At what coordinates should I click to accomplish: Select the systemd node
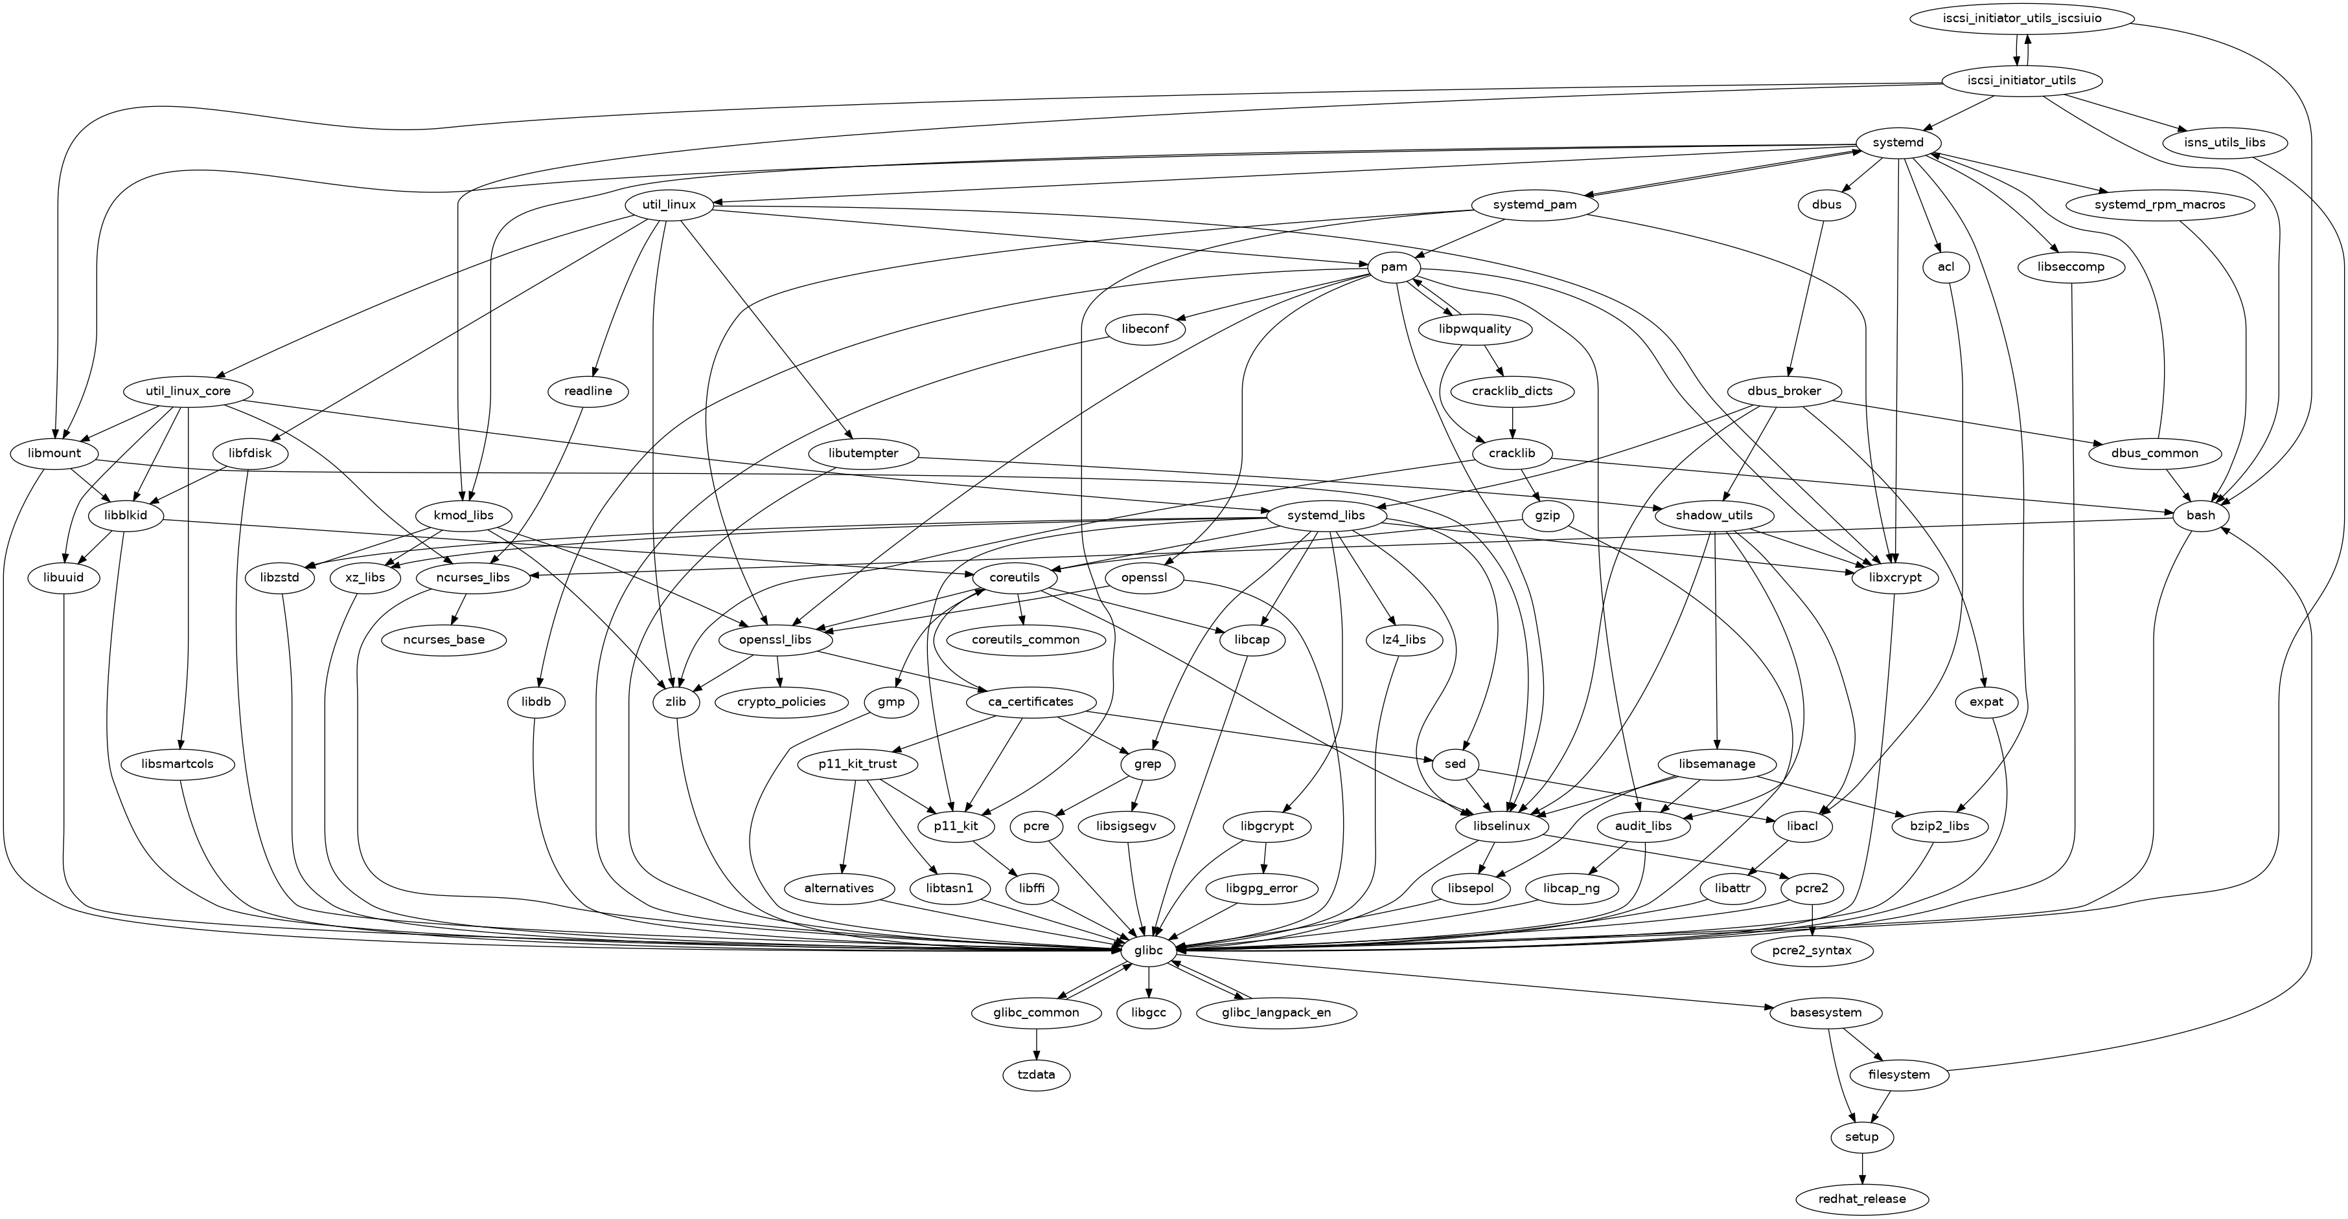[1898, 143]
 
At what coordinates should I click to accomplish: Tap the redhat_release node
[1861, 1199]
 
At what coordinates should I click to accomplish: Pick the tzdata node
[1037, 1075]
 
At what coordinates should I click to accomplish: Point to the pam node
[1394, 267]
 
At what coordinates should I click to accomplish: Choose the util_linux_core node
[189, 391]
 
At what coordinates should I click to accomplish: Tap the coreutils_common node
[1026, 640]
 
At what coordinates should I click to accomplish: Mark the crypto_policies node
[781, 702]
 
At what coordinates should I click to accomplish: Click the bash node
[2200, 516]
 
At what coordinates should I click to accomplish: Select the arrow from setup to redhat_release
[1861, 1168]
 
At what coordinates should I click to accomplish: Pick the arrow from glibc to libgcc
[1149, 981]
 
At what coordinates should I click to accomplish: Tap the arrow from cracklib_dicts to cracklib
[1512, 422]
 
